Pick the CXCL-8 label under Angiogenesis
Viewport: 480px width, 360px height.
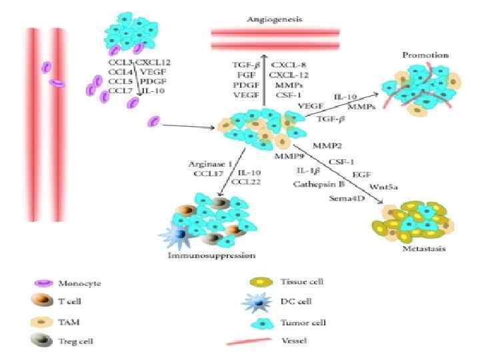287,65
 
